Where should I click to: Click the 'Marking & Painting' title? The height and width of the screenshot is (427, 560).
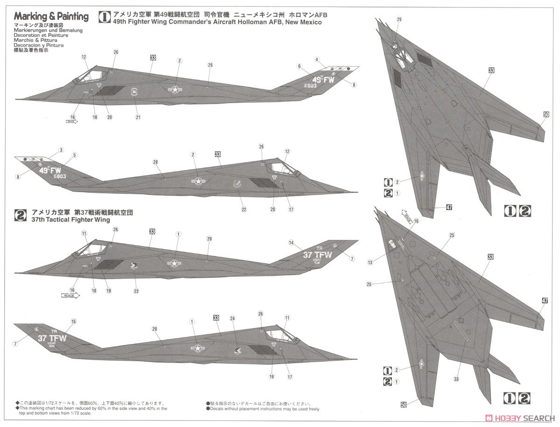click(51, 17)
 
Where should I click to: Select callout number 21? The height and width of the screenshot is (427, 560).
click(138, 117)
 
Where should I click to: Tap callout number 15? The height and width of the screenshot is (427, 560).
click(73, 322)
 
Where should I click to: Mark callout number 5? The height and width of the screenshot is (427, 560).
click(74, 155)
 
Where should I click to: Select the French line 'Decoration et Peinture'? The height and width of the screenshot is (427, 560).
click(41, 35)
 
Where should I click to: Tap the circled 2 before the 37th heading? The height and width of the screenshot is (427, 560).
click(21, 215)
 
